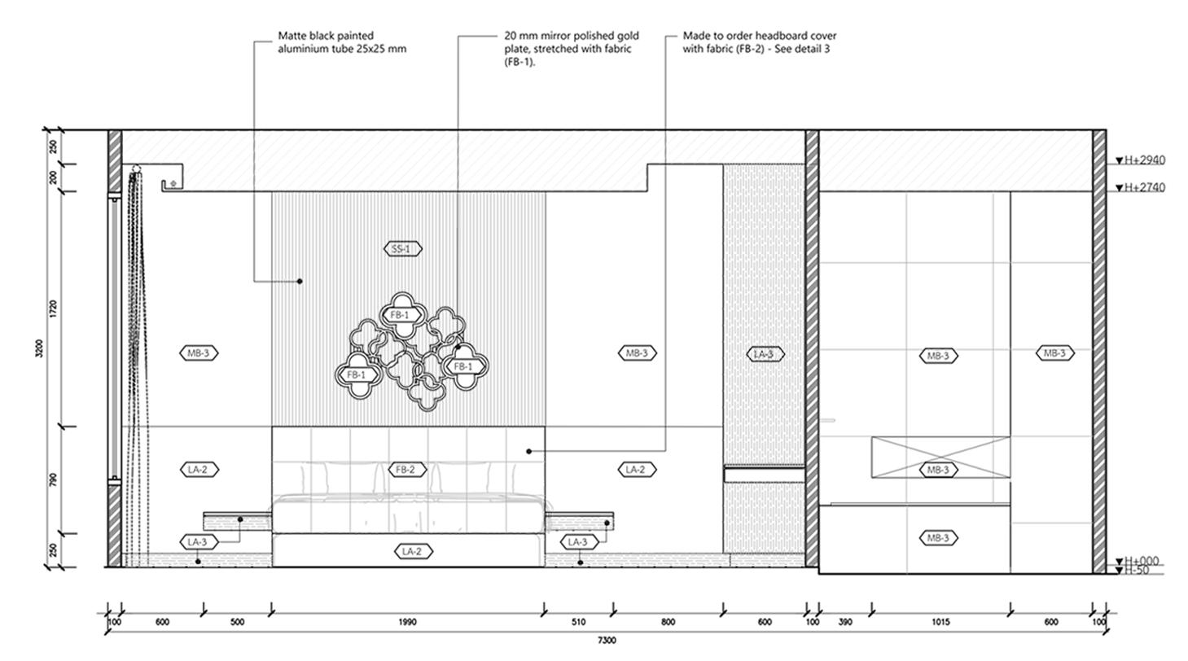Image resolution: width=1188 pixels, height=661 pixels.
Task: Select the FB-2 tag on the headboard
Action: (405, 470)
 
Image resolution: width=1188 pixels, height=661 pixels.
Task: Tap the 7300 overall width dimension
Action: (607, 641)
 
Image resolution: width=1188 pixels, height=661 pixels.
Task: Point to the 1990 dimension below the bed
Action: (407, 623)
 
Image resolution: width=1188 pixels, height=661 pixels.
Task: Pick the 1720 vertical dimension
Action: (54, 309)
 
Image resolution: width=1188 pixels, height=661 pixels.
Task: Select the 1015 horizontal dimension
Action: (940, 623)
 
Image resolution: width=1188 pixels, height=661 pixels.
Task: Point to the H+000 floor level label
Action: (1141, 561)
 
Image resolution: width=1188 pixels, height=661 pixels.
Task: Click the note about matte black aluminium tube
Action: (342, 42)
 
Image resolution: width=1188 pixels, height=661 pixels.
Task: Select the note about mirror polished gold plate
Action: (571, 49)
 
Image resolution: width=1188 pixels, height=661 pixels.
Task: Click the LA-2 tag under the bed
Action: (412, 551)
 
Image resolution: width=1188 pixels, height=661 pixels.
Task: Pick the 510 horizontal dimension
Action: (578, 623)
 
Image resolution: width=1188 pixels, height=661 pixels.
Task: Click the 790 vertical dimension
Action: (54, 479)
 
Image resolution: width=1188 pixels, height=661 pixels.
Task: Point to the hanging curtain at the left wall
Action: (136, 358)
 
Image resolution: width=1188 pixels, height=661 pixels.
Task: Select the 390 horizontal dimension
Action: (845, 623)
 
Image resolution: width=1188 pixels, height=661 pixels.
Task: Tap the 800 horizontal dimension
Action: (668, 623)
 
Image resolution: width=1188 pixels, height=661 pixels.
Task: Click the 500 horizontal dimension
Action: (237, 623)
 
